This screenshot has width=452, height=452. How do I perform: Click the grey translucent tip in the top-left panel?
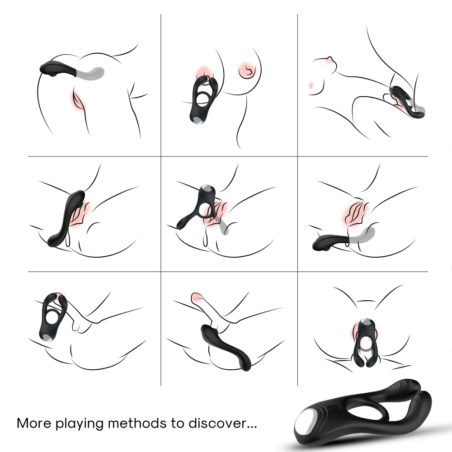[x=93, y=72]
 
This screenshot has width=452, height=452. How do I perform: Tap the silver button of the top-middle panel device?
[x=198, y=118]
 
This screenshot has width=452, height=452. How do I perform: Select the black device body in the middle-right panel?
[x=330, y=242]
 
